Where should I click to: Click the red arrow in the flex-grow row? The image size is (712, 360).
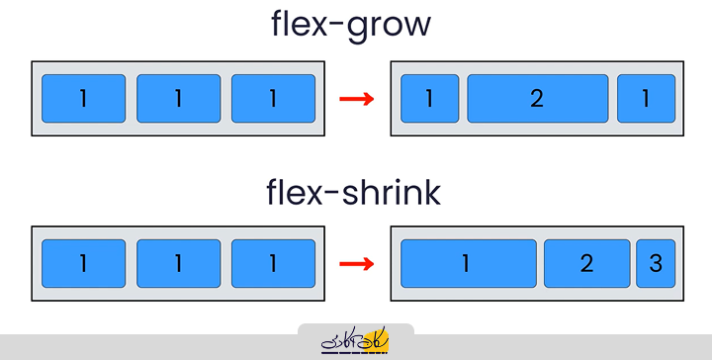356,99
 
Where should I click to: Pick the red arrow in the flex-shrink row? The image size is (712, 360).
356,264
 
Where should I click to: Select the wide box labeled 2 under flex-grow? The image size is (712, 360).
537,99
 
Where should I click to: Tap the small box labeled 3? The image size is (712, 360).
656,264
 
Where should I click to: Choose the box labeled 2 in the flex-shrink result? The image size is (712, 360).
586,264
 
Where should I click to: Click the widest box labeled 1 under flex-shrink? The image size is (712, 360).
468,264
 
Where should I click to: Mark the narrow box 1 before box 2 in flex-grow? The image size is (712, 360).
429,99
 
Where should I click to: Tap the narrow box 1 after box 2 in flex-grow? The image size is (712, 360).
646,99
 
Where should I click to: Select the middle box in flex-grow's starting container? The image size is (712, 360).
178,99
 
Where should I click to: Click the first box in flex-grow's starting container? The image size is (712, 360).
83,99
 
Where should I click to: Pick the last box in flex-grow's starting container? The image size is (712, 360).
273,99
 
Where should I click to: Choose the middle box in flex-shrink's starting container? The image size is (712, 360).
178,264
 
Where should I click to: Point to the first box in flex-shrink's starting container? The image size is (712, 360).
83,264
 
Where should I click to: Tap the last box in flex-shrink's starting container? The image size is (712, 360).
273,264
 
